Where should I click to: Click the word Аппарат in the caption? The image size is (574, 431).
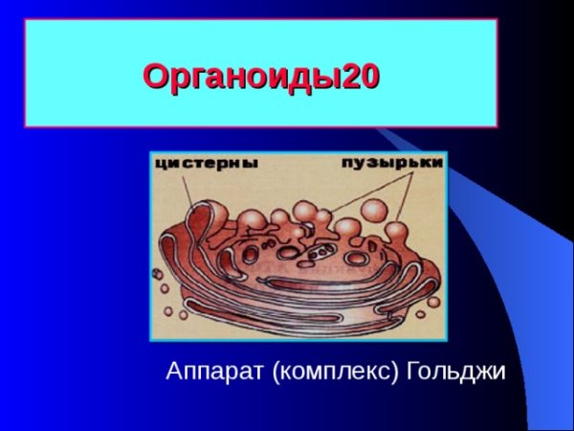click(x=215, y=370)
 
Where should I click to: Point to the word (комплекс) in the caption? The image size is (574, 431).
click(x=335, y=371)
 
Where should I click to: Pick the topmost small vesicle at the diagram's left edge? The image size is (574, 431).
click(x=156, y=274)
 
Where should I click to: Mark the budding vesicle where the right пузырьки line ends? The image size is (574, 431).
click(x=395, y=230)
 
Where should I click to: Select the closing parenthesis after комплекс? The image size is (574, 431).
click(x=394, y=371)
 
